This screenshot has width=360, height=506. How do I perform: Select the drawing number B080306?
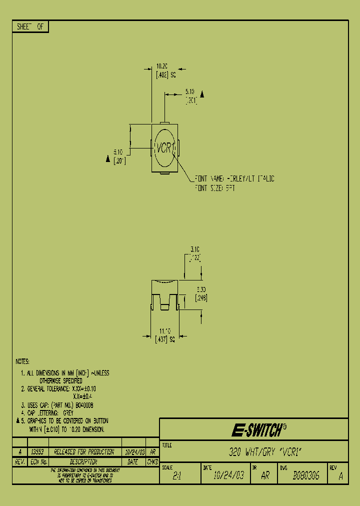tap(305, 476)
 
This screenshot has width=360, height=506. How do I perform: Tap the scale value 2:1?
tap(177, 476)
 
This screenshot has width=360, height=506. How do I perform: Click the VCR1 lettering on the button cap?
tap(165, 148)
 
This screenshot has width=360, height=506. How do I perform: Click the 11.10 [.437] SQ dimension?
tap(165, 334)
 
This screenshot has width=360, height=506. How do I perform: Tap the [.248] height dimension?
tap(201, 297)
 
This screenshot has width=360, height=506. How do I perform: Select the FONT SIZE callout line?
tap(214, 188)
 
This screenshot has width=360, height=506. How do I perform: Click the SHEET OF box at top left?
tap(30, 27)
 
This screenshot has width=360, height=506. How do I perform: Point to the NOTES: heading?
tap(22, 361)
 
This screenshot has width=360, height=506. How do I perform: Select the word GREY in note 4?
tap(68, 413)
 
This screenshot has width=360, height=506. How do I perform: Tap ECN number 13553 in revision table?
tap(37, 452)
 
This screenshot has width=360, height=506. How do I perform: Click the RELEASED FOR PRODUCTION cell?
tap(83, 452)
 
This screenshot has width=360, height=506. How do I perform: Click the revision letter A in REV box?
tap(340, 477)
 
